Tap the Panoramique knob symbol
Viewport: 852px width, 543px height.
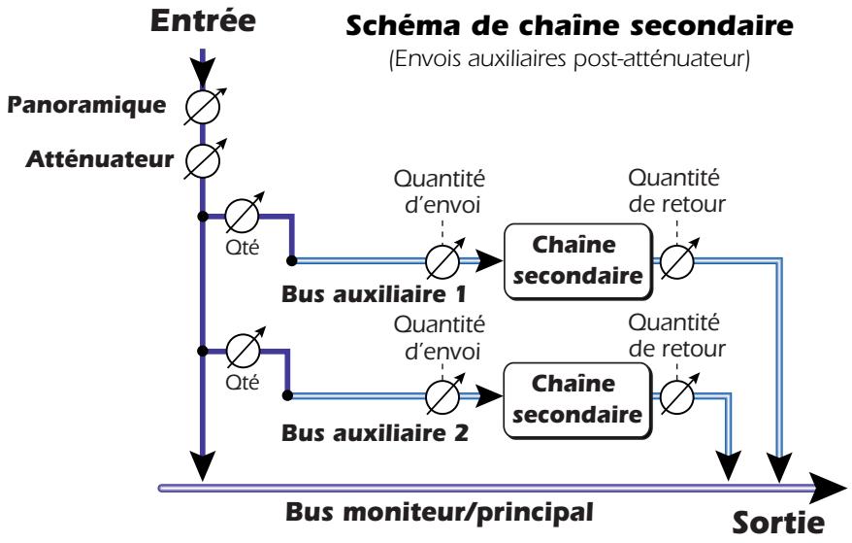pos(203,107)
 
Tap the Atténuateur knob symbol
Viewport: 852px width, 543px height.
pos(203,157)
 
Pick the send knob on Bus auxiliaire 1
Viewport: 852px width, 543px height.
pos(444,259)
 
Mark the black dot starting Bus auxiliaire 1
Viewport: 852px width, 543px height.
pos(290,260)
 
